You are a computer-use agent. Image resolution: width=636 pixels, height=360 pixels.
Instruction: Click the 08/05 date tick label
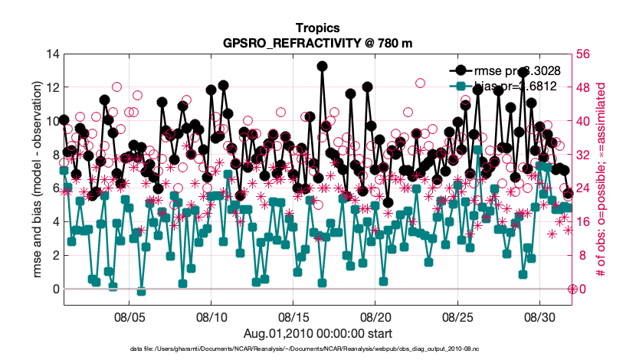tap(130, 316)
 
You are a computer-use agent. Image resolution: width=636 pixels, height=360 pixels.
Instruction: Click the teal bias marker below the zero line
tap(141, 291)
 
